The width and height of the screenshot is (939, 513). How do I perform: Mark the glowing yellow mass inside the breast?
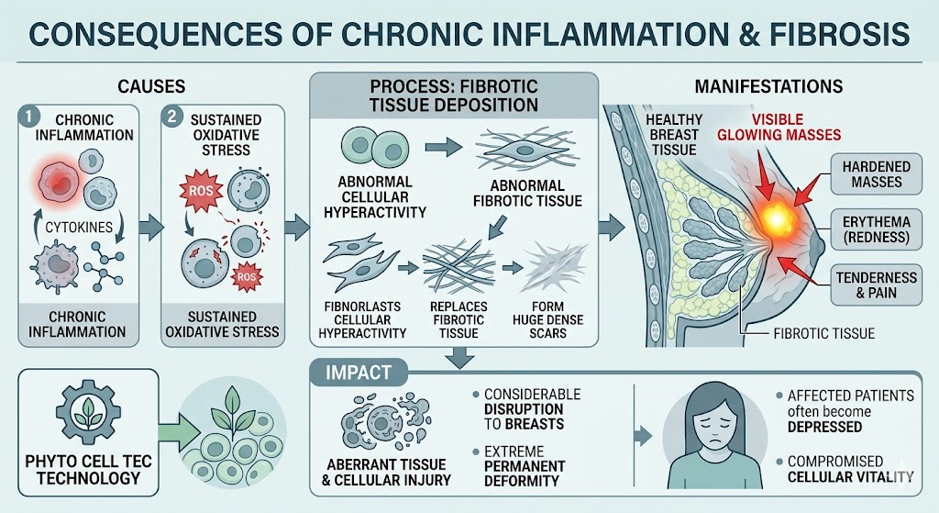pyautogui.click(x=779, y=218)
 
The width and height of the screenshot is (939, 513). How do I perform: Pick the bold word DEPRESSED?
pyautogui.click(x=823, y=427)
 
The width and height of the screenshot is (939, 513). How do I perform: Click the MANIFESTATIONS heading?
pyautogui.click(x=768, y=87)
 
